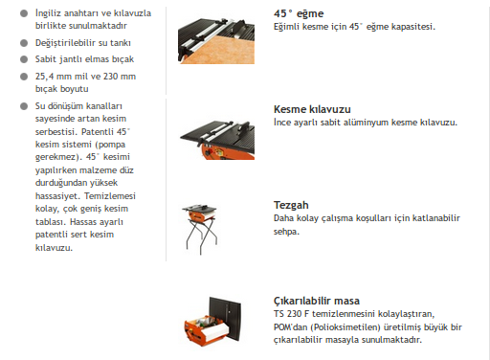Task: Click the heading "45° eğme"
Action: point(299,13)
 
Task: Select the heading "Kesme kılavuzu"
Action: point(312,109)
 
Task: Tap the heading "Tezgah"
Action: point(291,206)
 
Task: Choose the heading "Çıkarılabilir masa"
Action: point(317,301)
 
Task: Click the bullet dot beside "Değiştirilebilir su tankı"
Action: point(24,43)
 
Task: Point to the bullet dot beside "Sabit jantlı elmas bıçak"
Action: point(24,59)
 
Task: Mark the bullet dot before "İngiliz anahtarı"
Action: point(24,13)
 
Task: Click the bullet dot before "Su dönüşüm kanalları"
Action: point(24,106)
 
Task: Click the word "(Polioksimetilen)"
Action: point(345,327)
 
